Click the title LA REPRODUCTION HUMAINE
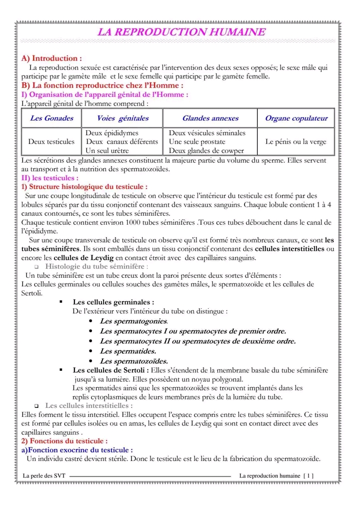pyautogui.click(x=181, y=33)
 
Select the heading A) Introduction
pyautogui.click(x=51, y=59)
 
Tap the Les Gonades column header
pyautogui.click(x=51, y=119)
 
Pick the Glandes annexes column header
pyautogui.click(x=210, y=119)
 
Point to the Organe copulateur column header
pyautogui.click(x=296, y=119)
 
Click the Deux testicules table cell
pyautogui.click(x=51, y=142)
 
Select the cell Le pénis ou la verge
pyautogui.click(x=295, y=142)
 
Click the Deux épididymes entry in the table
pyautogui.click(x=112, y=133)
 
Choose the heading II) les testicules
pyautogui.click(x=50, y=178)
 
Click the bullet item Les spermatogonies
pyautogui.click(x=134, y=321)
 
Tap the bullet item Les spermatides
pyautogui.click(x=128, y=351)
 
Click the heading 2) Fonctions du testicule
pyautogui.click(x=64, y=441)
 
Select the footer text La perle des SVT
pyautogui.click(x=44, y=475)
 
